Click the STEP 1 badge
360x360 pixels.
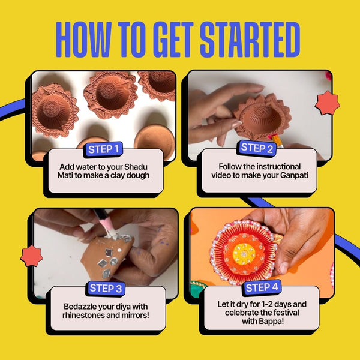coord(104,149)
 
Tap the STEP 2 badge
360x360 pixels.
coord(257,148)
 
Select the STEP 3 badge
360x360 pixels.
coord(106,289)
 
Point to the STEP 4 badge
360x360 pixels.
coord(262,287)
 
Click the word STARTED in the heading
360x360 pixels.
coord(250,40)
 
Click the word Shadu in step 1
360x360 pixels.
coord(136,167)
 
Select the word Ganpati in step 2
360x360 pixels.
coord(294,175)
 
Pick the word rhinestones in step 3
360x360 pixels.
coord(88,315)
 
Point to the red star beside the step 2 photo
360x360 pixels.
coord(328,103)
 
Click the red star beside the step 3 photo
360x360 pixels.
coord(31,256)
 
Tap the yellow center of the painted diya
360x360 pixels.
coord(244,254)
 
